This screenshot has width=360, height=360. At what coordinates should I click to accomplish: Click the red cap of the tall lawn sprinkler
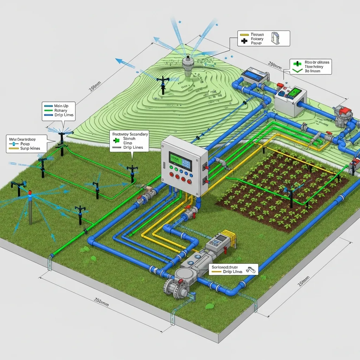[x=30, y=193]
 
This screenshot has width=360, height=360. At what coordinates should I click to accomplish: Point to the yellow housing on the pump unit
[x=229, y=235]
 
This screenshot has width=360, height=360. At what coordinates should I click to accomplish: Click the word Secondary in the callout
[x=139, y=134]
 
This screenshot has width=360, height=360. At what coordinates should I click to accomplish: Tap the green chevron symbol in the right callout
[x=297, y=70]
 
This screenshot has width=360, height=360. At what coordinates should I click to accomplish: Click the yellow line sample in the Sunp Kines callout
[x=13, y=148]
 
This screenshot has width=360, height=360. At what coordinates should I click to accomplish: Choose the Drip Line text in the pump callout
[x=233, y=272]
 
